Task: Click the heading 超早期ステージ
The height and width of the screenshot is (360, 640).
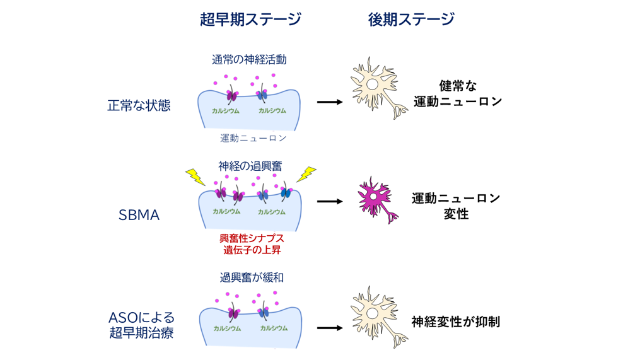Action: tap(250, 20)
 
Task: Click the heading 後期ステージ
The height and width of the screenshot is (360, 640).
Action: tap(411, 20)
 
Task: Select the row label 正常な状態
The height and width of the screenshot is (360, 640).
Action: tap(139, 105)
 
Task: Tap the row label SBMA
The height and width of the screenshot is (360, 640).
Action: tap(139, 215)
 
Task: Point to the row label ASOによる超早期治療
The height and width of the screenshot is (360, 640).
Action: tap(141, 325)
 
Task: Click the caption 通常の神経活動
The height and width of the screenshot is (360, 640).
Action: tap(249, 60)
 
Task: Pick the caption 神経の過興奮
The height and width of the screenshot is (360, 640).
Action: tap(250, 166)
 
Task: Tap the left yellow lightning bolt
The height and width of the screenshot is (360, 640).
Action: tap(195, 177)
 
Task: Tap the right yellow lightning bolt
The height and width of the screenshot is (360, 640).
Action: tap(306, 174)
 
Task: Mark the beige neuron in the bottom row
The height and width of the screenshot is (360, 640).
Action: tap(377, 316)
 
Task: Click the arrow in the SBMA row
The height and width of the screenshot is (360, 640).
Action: tap(329, 202)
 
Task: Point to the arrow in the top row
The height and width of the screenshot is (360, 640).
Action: tap(329, 102)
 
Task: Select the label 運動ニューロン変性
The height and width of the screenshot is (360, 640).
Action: tap(456, 206)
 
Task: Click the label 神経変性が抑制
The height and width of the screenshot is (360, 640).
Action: tap(456, 322)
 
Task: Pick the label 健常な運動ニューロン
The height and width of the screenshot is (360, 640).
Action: tap(458, 93)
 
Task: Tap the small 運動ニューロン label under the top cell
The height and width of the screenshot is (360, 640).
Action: tap(253, 138)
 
